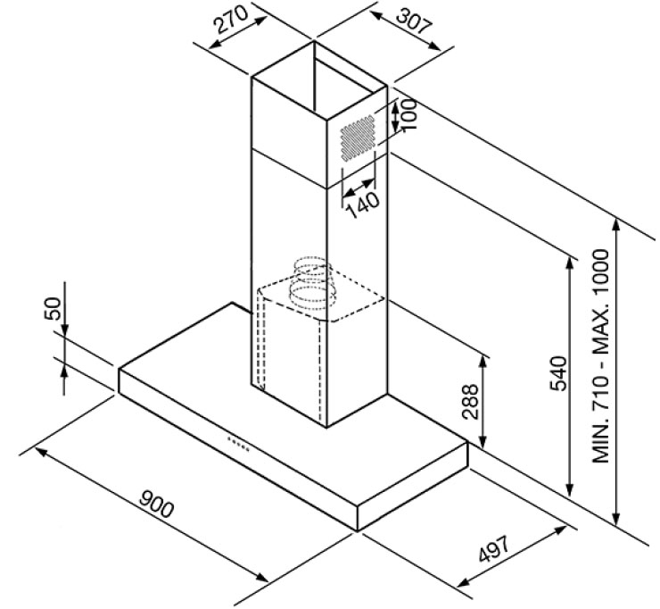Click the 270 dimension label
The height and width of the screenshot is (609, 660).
(x=232, y=20)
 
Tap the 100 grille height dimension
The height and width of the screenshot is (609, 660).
(x=409, y=114)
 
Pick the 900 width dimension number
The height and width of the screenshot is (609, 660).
(x=156, y=504)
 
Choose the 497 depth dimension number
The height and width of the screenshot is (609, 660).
(x=494, y=549)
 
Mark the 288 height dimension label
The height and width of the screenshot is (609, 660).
(x=470, y=402)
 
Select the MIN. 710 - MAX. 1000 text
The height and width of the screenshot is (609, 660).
(x=600, y=356)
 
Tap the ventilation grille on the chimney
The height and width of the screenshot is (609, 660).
(x=358, y=138)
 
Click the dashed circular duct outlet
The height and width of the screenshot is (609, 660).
(x=310, y=284)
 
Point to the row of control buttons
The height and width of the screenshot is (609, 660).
(x=239, y=444)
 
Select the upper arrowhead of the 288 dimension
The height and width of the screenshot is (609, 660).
(x=483, y=361)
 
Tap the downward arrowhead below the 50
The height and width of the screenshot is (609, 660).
(x=64, y=330)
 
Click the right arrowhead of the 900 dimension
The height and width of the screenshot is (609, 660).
(x=262, y=577)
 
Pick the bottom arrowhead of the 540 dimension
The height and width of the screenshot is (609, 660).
(x=570, y=490)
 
